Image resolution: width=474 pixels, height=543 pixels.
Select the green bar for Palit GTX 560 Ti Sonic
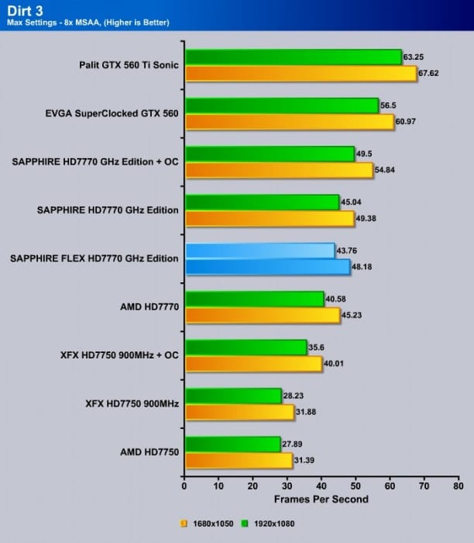click(293, 57)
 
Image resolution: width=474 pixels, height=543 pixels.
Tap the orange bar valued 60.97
click(290, 122)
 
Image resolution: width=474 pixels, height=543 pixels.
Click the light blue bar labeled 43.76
click(259, 251)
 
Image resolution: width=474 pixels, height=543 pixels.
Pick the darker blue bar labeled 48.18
click(267, 267)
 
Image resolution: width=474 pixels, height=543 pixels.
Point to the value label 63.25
click(415, 56)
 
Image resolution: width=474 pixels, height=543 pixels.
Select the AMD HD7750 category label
click(149, 451)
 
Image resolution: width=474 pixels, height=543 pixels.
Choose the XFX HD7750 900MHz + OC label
click(119, 355)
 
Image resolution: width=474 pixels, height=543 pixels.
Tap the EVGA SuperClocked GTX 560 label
click(112, 113)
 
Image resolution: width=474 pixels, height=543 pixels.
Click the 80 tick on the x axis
click(459, 486)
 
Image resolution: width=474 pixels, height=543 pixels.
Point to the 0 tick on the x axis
click(184, 486)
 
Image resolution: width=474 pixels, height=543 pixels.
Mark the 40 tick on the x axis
click(321, 486)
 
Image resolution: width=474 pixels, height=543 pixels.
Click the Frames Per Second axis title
click(321, 499)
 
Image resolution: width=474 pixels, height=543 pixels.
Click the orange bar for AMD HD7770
click(263, 315)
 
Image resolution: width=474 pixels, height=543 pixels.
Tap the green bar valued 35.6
click(246, 348)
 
